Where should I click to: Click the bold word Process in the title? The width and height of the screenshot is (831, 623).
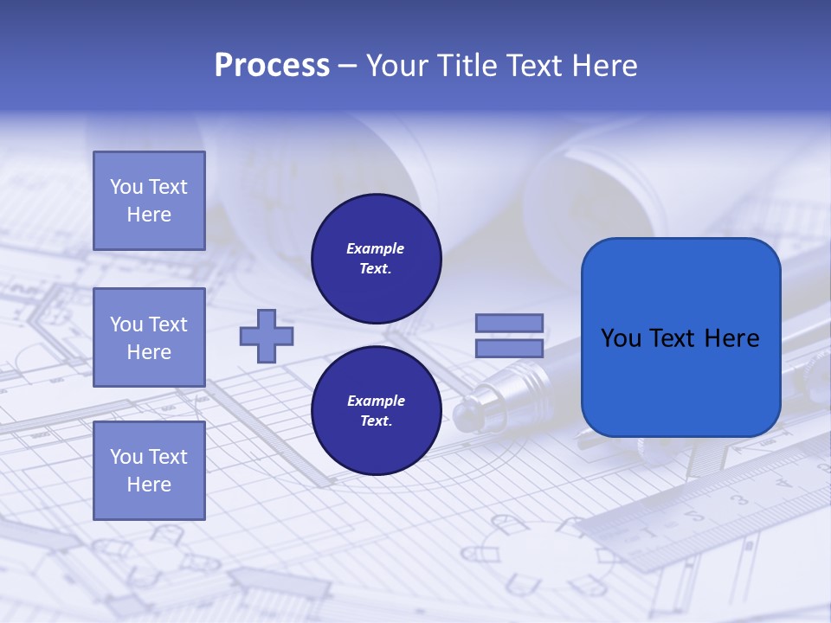[x=272, y=66]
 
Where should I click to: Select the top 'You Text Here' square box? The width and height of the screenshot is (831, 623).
[x=149, y=201]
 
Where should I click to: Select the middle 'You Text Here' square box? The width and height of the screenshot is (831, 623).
[x=149, y=337]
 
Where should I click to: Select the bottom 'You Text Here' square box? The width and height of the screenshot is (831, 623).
[x=149, y=470]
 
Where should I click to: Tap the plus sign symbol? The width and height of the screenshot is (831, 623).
[x=267, y=336]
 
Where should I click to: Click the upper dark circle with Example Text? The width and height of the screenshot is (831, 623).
[x=376, y=259]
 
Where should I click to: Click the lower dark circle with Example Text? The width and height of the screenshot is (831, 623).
[x=376, y=411]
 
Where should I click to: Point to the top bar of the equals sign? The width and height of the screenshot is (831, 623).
[x=509, y=324]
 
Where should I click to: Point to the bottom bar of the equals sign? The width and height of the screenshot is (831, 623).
[x=509, y=349]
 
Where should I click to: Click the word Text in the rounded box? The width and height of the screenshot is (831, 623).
[x=681, y=338]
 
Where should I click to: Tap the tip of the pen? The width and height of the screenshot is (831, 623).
[x=462, y=416]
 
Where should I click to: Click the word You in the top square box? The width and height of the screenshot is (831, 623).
[x=126, y=187]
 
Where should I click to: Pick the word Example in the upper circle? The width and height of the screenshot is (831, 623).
[x=376, y=249]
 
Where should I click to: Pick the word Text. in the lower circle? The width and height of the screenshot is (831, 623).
[x=376, y=421]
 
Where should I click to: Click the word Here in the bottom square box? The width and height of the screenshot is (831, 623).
[x=149, y=485]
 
